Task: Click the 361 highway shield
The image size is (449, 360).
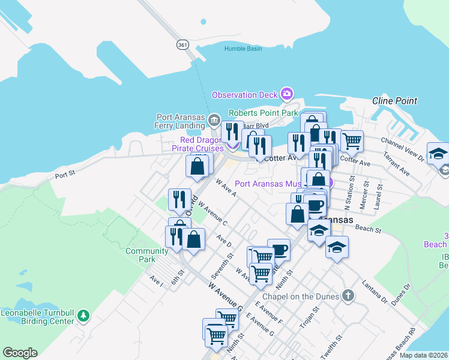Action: click(182, 44)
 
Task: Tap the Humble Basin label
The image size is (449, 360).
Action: click(243, 49)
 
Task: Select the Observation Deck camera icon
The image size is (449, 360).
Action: click(287, 94)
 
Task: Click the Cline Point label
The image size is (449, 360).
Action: click(394, 101)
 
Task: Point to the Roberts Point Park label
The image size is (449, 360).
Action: click(264, 113)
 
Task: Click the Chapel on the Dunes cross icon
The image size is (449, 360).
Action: click(348, 295)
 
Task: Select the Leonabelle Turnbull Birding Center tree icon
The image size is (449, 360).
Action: click(83, 315)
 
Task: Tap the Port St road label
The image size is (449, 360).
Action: click(64, 176)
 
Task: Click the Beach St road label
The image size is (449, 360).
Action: click(368, 229)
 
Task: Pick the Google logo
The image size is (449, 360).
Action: click(20, 353)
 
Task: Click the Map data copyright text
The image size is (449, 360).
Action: click(423, 355)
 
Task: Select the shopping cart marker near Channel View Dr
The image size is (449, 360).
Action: click(352, 141)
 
